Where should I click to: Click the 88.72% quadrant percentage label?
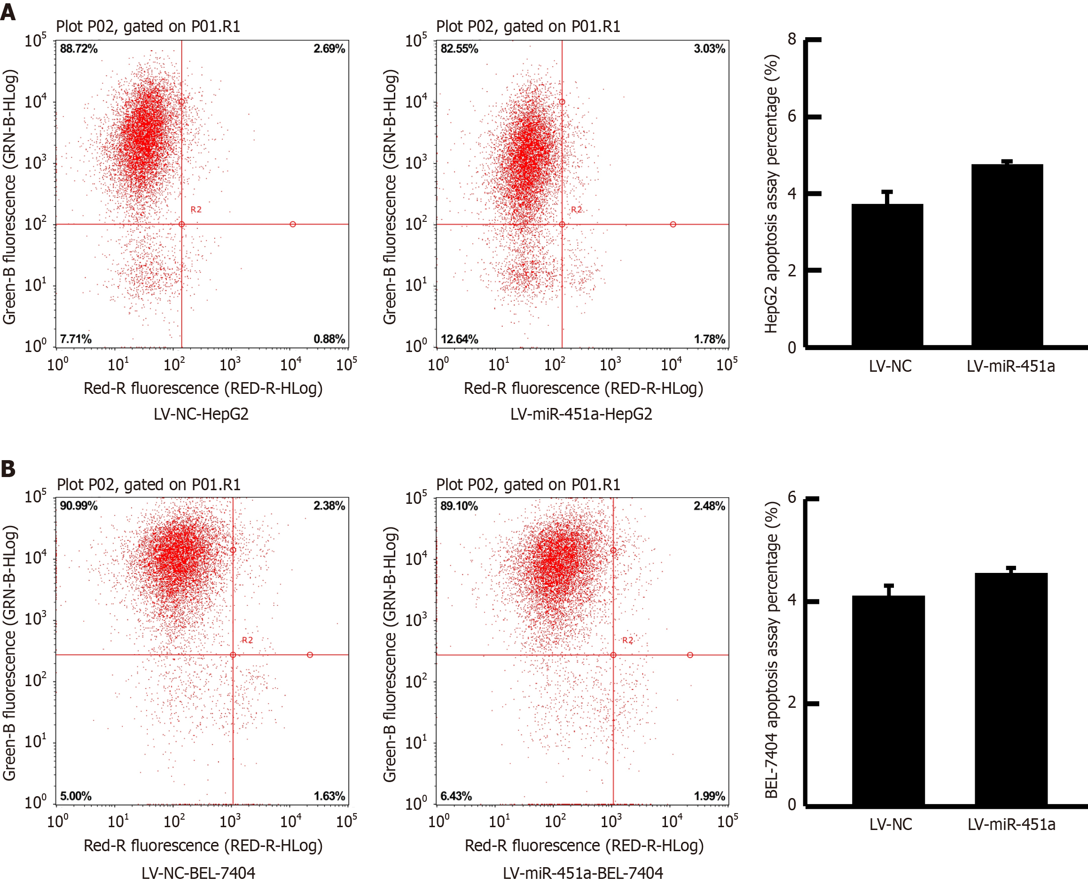pos(78,49)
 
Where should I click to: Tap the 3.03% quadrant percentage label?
pos(709,49)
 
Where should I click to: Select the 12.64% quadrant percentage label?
pos(459,339)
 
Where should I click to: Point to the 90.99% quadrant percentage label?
pos(78,506)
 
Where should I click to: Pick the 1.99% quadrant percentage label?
pos(709,796)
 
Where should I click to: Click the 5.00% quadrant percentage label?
pos(76,796)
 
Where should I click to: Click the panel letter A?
pos(8,11)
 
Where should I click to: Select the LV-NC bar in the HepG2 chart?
pos(887,275)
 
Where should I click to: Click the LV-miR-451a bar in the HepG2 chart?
pos(1007,255)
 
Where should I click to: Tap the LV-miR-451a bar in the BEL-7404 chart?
pos(1011,688)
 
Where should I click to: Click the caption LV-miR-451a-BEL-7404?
pos(583,873)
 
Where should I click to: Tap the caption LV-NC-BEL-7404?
pos(198,873)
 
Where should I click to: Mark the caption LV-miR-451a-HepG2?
pos(581,414)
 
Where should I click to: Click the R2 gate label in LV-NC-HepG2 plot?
pos(196,210)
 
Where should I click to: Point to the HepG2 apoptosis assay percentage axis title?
pos(771,194)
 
